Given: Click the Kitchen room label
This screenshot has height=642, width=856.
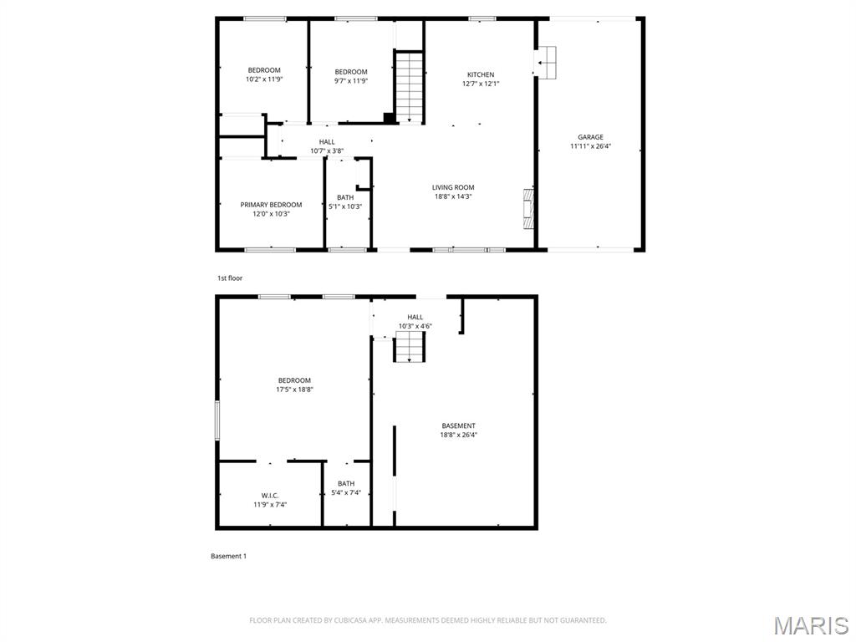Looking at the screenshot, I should pos(481,74).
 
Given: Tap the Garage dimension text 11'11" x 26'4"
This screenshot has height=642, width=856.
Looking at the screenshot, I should pos(590,146).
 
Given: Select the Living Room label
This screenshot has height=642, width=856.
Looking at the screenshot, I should pos(453,187).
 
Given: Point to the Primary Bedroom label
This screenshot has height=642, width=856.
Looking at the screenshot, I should pos(271,205).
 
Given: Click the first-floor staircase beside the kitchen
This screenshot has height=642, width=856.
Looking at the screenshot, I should pos(410,88).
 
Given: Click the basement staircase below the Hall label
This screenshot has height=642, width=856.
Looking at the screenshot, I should pos(410,346).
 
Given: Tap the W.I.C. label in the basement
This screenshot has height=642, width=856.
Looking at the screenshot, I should pos(270,496).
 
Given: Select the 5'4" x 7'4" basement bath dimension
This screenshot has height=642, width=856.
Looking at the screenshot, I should pos(346,492).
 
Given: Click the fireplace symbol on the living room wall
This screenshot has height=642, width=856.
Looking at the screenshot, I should pos(527,209).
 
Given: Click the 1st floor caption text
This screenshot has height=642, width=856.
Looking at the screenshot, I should pos(230,278).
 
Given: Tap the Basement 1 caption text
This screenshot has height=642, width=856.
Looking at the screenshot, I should pos(228,556).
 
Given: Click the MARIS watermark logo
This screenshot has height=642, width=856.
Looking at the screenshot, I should pos(811,624).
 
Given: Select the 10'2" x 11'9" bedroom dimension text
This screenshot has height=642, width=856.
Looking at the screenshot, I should pos(264,79).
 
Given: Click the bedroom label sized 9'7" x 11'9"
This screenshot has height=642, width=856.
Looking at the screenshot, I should pos(351,72).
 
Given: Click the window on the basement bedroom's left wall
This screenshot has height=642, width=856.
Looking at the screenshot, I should pos(217,420).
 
